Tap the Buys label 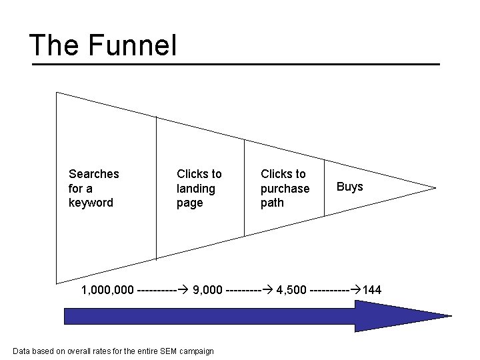click(x=349, y=187)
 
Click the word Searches click(x=94, y=174)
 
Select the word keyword click(x=91, y=203)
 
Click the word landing click(x=196, y=189)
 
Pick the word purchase click(x=285, y=189)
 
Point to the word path click(x=272, y=203)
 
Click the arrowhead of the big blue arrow click(x=400, y=315)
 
